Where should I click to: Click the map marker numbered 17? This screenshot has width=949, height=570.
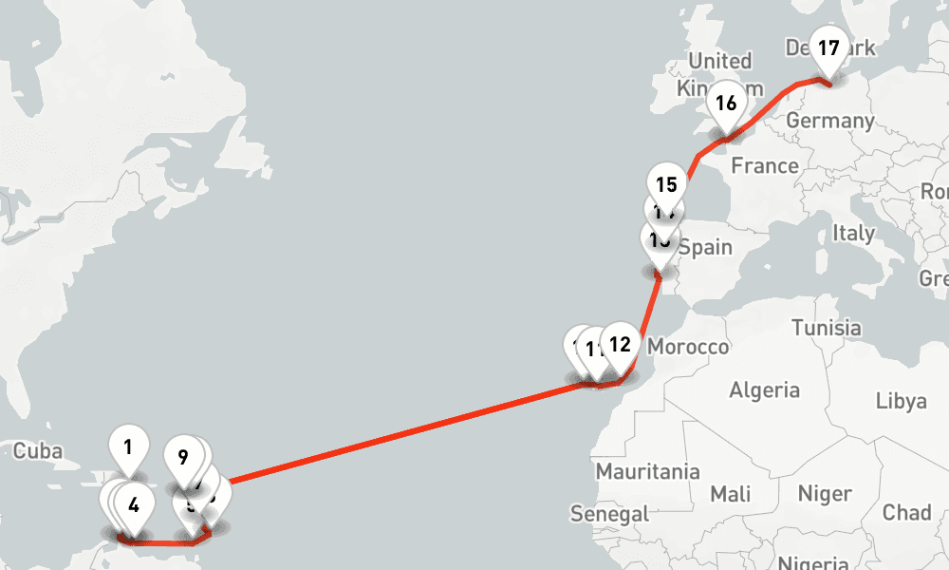pyautogui.click(x=828, y=49)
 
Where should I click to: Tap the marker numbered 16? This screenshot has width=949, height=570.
pyautogui.click(x=726, y=104)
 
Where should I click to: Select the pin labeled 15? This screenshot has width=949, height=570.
pyautogui.click(x=666, y=184)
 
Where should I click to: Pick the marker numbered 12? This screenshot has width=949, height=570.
pyautogui.click(x=620, y=345)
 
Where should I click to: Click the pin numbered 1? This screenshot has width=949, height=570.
pyautogui.click(x=128, y=445)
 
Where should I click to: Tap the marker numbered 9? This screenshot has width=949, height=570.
pyautogui.click(x=183, y=458)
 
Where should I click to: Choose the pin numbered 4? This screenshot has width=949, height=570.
pyautogui.click(x=134, y=505)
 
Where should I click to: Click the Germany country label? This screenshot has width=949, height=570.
pyautogui.click(x=830, y=121)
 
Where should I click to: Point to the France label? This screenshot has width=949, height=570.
pyautogui.click(x=765, y=166)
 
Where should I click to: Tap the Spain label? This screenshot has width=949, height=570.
pyautogui.click(x=705, y=248)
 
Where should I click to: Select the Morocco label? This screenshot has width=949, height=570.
pyautogui.click(x=688, y=347)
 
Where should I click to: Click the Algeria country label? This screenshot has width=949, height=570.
pyautogui.click(x=764, y=389)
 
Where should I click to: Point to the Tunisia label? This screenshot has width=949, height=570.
pyautogui.click(x=826, y=328)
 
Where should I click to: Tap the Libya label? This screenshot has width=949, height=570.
pyautogui.click(x=902, y=401)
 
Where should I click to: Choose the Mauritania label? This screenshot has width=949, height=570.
pyautogui.click(x=647, y=471)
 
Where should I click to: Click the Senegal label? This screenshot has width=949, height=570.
pyautogui.click(x=609, y=514)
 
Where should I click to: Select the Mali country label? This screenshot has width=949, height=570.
pyautogui.click(x=730, y=494)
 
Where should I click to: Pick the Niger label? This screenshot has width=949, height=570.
pyautogui.click(x=825, y=494)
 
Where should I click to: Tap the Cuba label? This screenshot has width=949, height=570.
pyautogui.click(x=37, y=449)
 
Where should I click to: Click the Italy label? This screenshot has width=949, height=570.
pyautogui.click(x=853, y=233)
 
